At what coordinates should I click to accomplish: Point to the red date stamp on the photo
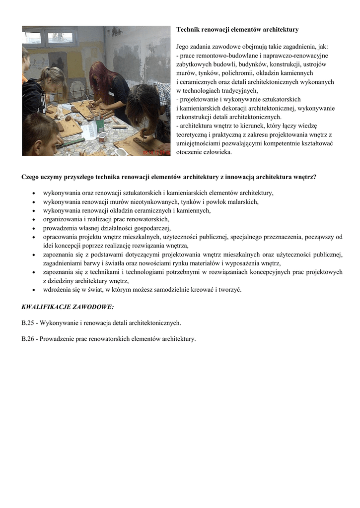coord(156,153)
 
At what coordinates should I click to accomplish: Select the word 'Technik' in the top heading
coord(187,30)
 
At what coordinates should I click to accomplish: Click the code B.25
coord(28,323)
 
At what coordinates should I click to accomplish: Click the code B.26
coord(28,339)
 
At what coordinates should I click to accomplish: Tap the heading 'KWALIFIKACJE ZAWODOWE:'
coord(68,307)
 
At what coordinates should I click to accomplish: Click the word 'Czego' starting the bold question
coord(31,176)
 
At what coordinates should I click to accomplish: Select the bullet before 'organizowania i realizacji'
coord(33,219)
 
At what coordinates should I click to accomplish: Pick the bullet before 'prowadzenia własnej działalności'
coord(33,228)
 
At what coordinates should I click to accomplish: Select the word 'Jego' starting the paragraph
coord(183,47)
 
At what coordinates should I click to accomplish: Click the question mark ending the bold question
coord(315,176)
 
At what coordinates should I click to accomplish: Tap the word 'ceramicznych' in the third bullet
coord(147,210)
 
